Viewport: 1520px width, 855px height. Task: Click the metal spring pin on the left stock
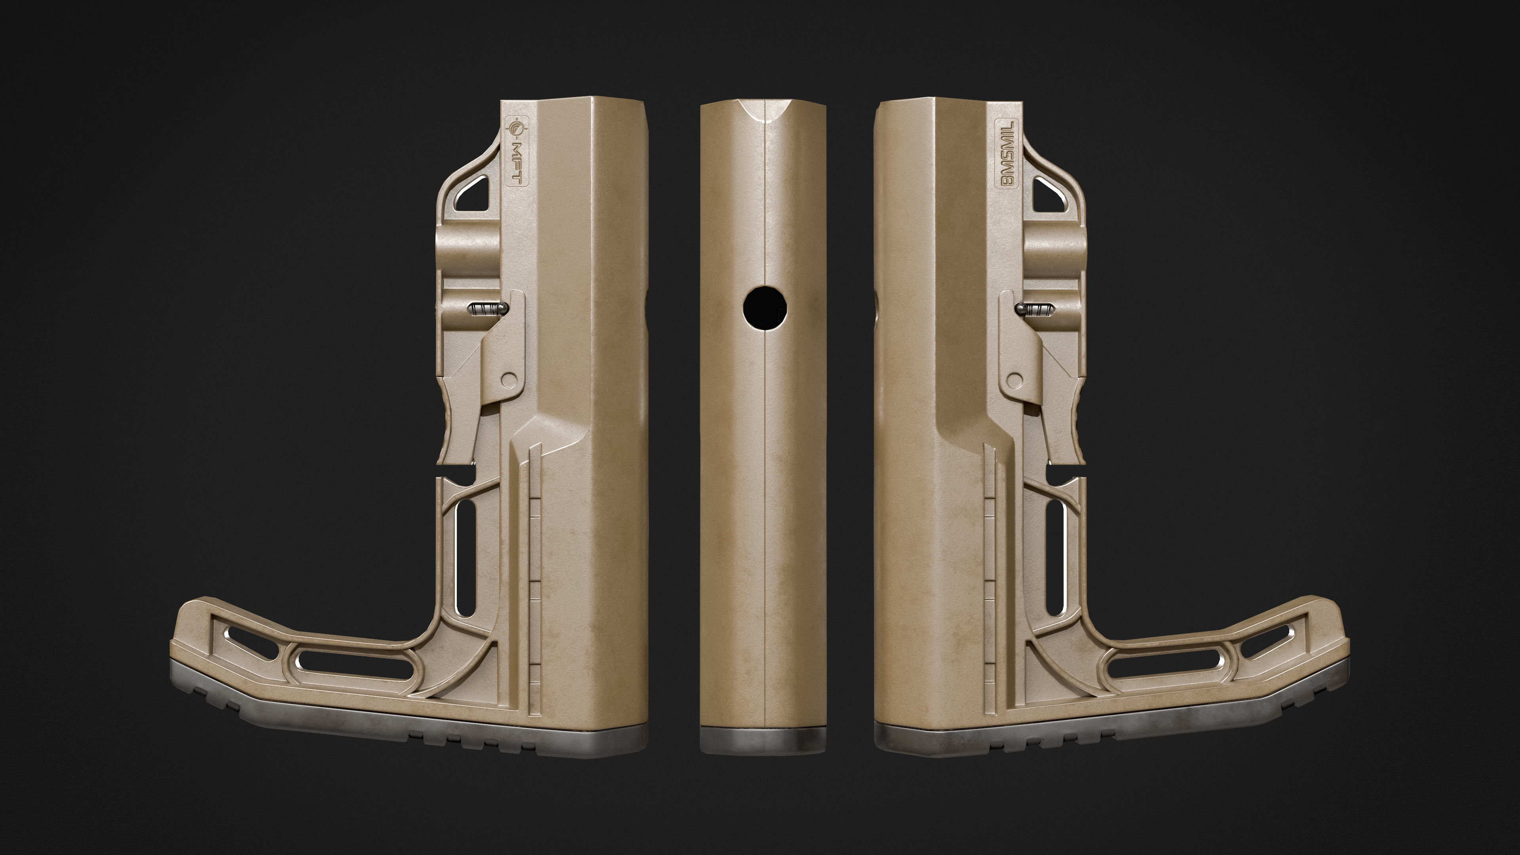click(487, 308)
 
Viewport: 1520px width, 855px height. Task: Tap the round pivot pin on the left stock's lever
click(507, 378)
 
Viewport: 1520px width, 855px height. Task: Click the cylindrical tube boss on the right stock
click(1053, 245)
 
